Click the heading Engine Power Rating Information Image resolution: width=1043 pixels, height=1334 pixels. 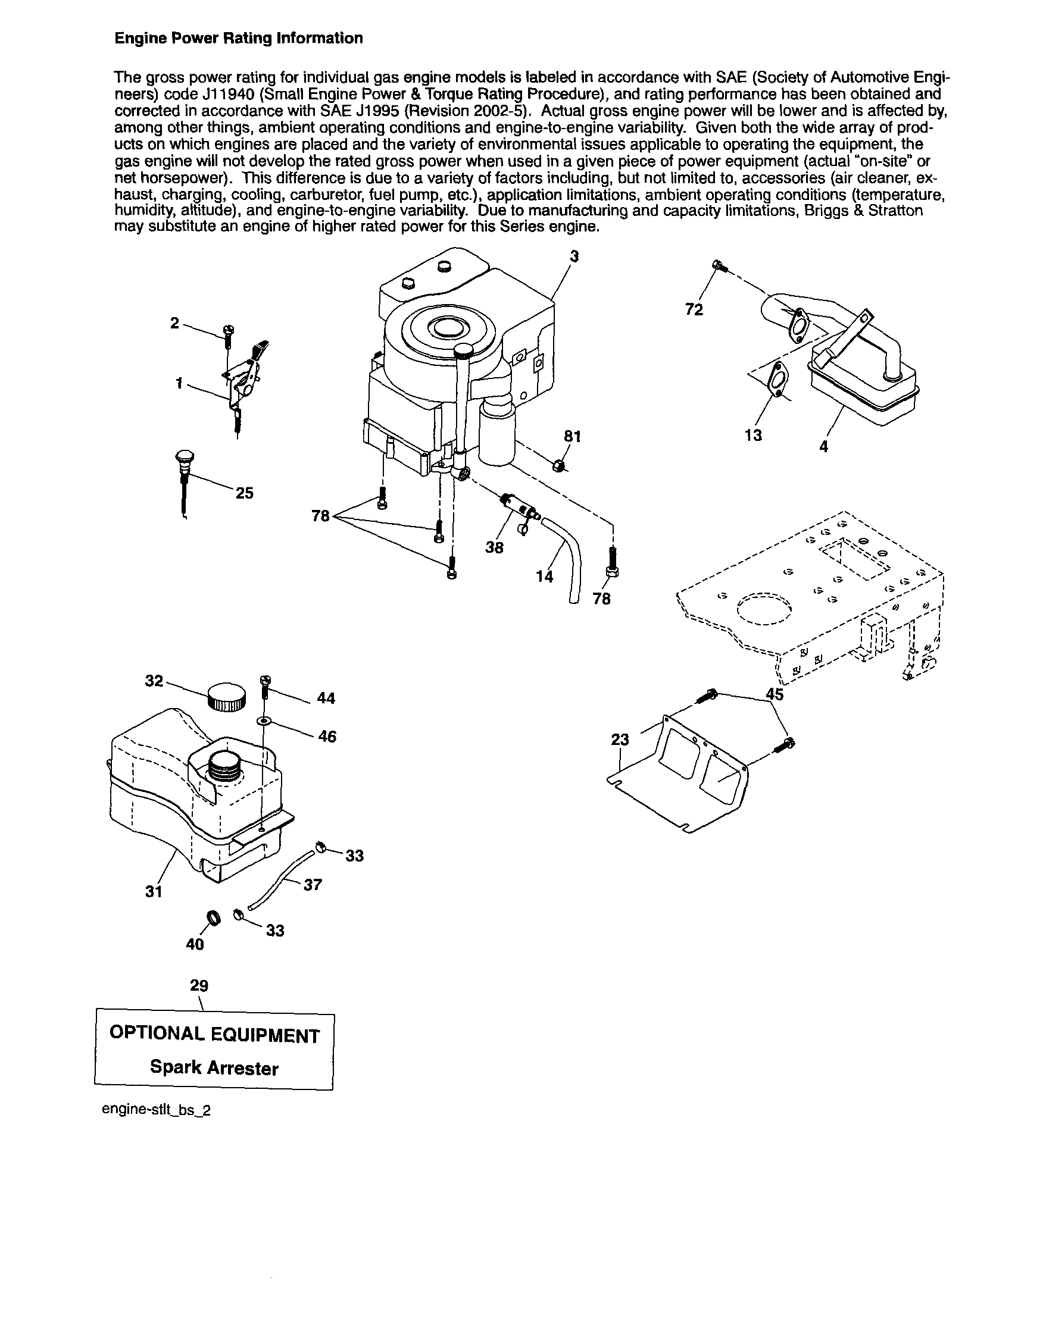coord(239,39)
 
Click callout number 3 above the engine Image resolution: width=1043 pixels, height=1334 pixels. coord(574,256)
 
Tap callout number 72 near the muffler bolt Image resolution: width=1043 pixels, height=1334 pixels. coord(694,309)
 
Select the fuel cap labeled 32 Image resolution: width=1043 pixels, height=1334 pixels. coord(227,697)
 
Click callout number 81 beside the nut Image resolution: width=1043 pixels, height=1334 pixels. coord(572,436)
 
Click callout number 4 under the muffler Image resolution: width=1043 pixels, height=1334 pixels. coord(824,446)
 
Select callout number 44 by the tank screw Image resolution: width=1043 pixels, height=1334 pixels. coord(327,698)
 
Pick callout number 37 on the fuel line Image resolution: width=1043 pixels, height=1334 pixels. coord(313,884)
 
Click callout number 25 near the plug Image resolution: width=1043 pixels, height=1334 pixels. coord(245,493)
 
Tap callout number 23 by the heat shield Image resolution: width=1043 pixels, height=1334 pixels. coord(620,740)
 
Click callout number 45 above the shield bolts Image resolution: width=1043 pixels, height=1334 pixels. coord(775,694)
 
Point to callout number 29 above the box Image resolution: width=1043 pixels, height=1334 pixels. coord(199,985)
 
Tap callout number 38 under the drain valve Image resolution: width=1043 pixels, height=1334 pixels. coord(494,547)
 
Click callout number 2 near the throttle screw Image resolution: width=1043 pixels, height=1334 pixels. coord(175,323)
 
